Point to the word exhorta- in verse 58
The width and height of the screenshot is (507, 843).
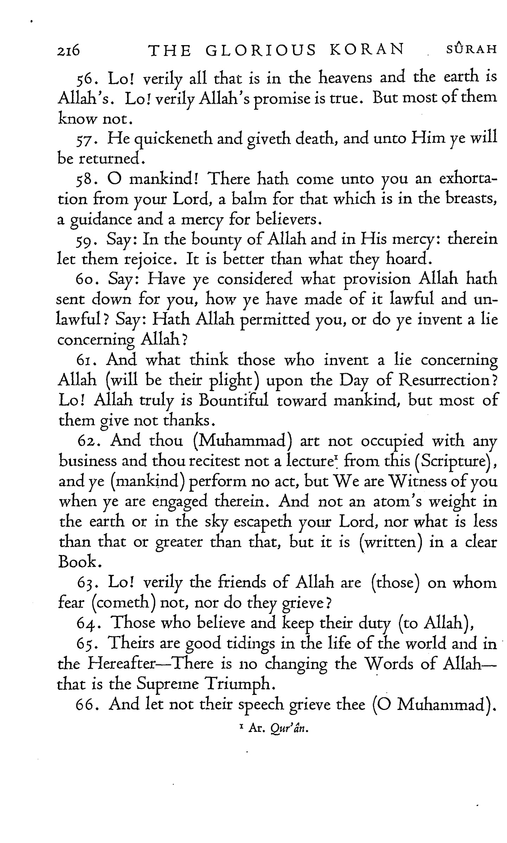pyautogui.click(x=468, y=180)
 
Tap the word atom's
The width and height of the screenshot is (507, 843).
pyautogui.click(x=395, y=501)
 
